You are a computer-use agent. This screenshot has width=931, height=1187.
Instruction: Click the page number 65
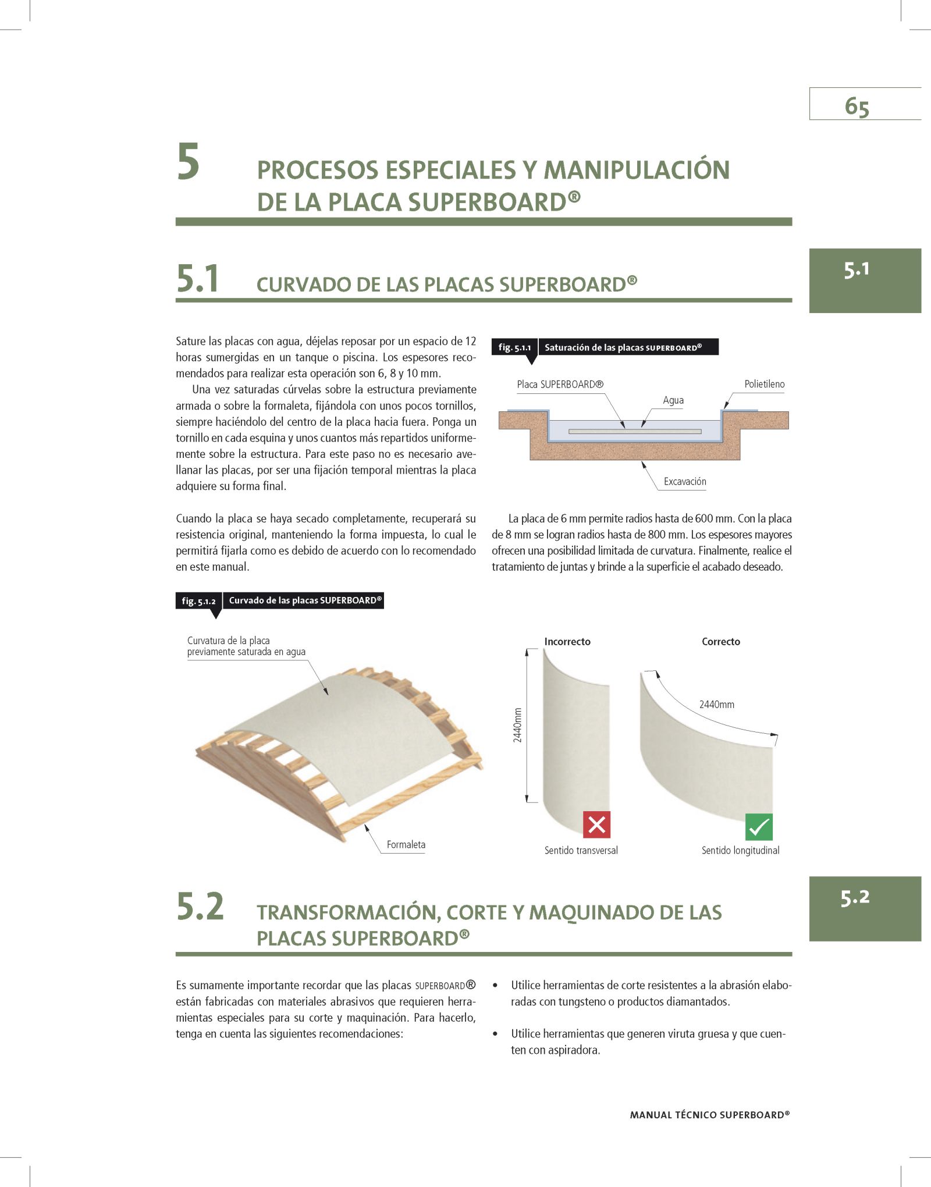pyautogui.click(x=857, y=107)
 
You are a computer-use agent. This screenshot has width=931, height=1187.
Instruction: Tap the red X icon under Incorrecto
pyautogui.click(x=596, y=824)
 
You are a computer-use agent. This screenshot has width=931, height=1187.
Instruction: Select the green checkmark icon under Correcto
pyautogui.click(x=759, y=827)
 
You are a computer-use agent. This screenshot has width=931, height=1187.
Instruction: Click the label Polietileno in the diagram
pyautogui.click(x=765, y=384)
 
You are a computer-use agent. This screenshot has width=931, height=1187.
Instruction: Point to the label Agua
pyautogui.click(x=673, y=400)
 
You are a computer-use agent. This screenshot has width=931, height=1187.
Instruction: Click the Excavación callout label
pyautogui.click(x=685, y=481)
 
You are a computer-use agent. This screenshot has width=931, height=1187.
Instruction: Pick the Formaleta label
pyautogui.click(x=406, y=844)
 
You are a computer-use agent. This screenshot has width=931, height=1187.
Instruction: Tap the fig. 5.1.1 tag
pyautogui.click(x=515, y=347)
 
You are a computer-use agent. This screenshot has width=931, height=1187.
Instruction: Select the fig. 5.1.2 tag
pyautogui.click(x=199, y=601)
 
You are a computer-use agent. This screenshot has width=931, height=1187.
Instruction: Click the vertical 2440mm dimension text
pyautogui.click(x=517, y=725)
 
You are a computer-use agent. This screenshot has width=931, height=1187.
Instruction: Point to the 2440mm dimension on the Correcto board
pyautogui.click(x=717, y=705)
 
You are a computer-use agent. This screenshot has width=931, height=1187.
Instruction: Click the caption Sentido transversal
pyautogui.click(x=581, y=850)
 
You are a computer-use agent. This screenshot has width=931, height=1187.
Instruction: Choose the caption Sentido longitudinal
pyautogui.click(x=740, y=850)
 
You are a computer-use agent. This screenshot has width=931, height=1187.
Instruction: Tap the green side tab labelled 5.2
pyautogui.click(x=865, y=908)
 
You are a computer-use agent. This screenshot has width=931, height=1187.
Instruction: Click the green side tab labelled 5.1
pyautogui.click(x=865, y=280)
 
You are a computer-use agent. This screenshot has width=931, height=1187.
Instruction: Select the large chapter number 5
pyautogui.click(x=189, y=162)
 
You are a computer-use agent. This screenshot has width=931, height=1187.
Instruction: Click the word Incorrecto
pyautogui.click(x=567, y=642)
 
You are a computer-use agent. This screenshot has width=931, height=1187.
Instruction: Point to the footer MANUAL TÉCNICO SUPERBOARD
pyautogui.click(x=710, y=1115)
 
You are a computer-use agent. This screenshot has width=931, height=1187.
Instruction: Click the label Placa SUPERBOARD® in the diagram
pyautogui.click(x=560, y=384)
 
